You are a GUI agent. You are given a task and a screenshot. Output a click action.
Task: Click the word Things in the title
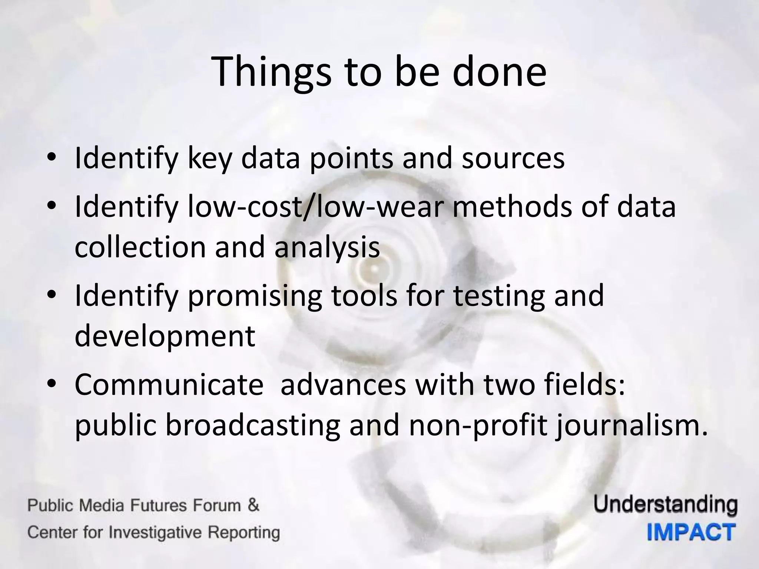(x=272, y=72)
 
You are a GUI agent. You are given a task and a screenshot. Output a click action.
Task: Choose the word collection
(x=140, y=247)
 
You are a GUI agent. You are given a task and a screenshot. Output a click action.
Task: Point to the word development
(x=165, y=336)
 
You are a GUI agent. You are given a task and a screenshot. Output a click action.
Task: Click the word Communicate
(x=169, y=385)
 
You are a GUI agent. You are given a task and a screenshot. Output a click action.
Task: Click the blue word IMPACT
(x=691, y=533)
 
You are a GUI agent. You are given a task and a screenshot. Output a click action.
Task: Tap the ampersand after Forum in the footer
(x=253, y=505)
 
